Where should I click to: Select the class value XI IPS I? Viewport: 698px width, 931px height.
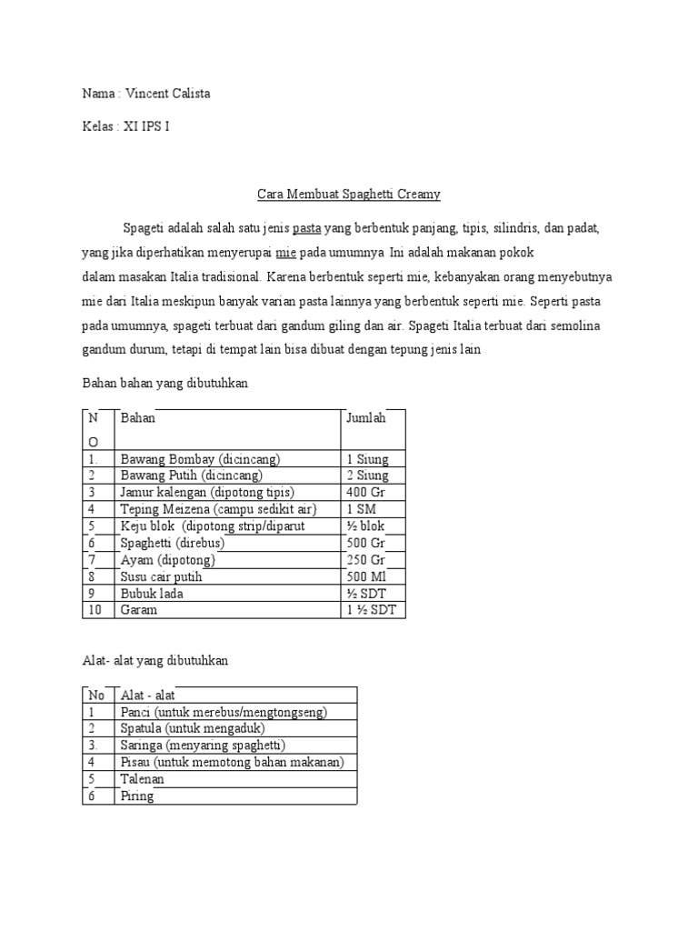pyautogui.click(x=145, y=126)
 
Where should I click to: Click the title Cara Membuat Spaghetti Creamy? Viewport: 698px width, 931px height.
pyautogui.click(x=349, y=194)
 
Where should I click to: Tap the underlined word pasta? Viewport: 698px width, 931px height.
pyautogui.click(x=306, y=227)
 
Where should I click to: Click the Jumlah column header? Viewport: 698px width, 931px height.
pyautogui.click(x=365, y=418)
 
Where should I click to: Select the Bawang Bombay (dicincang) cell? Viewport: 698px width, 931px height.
pyautogui.click(x=200, y=458)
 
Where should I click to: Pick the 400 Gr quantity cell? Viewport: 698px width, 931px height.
pyautogui.click(x=365, y=492)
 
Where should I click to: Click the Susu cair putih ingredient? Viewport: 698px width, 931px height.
pyautogui.click(x=161, y=576)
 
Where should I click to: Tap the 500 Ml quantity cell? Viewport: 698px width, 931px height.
pyautogui.click(x=367, y=576)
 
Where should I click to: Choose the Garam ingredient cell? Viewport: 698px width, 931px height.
pyautogui.click(x=139, y=610)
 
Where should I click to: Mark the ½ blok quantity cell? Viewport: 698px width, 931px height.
pyautogui.click(x=367, y=526)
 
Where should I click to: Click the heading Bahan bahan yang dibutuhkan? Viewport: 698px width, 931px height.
pyautogui.click(x=165, y=385)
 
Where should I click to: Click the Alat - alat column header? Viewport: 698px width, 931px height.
pyautogui.click(x=148, y=695)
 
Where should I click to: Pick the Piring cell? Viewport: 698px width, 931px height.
pyautogui.click(x=137, y=796)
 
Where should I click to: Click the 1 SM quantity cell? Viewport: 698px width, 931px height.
pyautogui.click(x=360, y=509)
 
